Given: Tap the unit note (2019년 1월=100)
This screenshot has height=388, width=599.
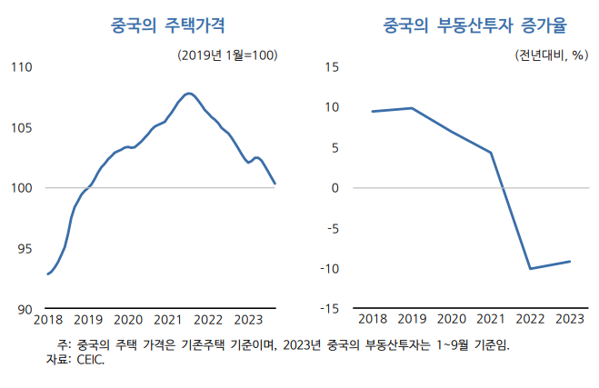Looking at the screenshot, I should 227,55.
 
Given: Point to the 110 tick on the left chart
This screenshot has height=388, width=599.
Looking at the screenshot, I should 21,67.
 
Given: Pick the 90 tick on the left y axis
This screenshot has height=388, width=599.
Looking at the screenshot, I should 25,310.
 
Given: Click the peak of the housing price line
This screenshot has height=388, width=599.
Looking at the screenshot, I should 188,93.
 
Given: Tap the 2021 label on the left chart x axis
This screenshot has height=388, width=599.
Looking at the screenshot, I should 168,320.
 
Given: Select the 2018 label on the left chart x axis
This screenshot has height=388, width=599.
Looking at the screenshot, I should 47,320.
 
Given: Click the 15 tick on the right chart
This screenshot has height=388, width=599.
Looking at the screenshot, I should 332,67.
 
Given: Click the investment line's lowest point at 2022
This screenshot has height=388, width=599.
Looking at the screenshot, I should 530,269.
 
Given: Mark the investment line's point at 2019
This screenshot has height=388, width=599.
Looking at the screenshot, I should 412,108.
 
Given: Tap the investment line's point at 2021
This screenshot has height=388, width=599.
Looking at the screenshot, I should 491,153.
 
